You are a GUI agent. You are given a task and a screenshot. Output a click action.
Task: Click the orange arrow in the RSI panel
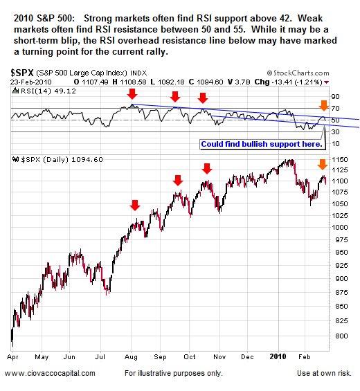click(x=323, y=106)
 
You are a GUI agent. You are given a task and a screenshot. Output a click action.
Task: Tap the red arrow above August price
click(x=135, y=205)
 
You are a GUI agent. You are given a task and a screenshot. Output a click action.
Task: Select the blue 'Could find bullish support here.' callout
click(x=262, y=144)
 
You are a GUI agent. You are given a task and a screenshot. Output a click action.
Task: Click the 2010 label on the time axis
click(x=278, y=358)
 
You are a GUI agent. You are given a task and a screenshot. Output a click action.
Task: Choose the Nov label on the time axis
click(x=219, y=358)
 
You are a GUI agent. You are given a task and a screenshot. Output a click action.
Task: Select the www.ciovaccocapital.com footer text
click(x=49, y=373)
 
